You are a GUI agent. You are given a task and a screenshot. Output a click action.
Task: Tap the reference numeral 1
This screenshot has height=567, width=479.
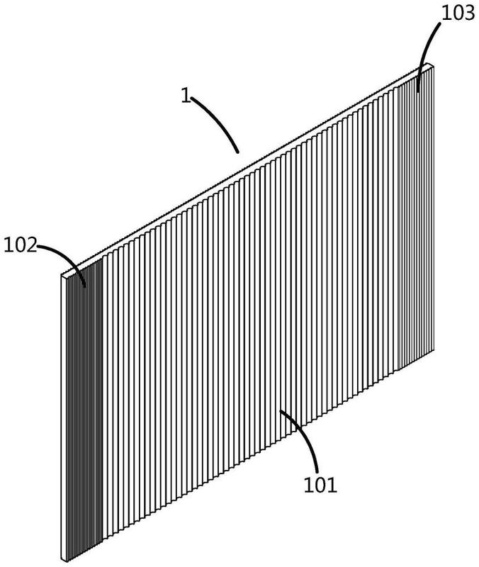pos(186,95)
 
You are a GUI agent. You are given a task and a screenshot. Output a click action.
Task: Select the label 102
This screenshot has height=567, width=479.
pos(21,245)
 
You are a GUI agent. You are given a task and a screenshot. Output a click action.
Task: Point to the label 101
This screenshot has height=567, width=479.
pos(320,485)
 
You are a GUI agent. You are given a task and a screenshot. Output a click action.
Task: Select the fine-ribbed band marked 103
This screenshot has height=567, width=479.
pos(416,217)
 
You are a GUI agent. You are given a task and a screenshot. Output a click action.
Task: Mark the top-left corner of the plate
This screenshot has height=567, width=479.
pos(62,274)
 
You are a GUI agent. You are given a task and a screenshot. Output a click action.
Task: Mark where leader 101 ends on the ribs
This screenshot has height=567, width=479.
pos(280,410)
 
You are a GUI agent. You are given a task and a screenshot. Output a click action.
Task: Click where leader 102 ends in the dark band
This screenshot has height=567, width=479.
pos(85,288)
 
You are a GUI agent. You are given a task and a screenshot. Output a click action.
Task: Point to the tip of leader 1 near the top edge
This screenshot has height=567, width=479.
pos(238,152)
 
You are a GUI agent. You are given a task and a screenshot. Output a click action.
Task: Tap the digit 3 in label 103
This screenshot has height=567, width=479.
pos(469,13)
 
